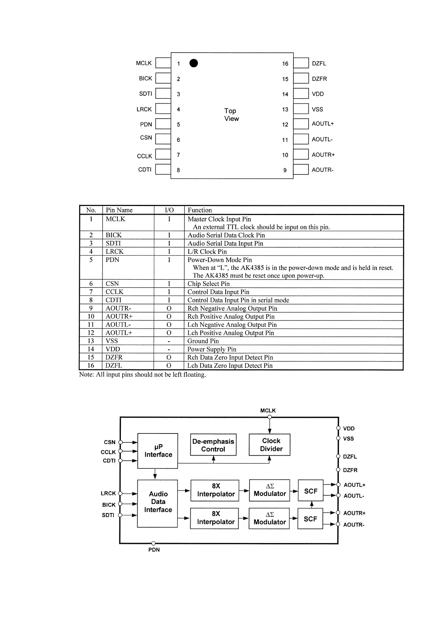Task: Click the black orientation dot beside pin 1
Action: click(x=193, y=63)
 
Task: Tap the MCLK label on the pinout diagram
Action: click(x=144, y=63)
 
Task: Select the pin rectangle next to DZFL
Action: click(x=301, y=63)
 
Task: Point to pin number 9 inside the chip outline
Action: click(x=285, y=170)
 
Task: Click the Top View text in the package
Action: click(x=231, y=114)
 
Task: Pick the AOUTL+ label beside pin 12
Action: click(x=322, y=124)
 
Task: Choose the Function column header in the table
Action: click(x=200, y=210)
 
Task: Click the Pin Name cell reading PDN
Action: click(x=112, y=260)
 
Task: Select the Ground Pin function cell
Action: click(x=203, y=341)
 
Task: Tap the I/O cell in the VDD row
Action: click(x=169, y=349)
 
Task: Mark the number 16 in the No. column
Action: click(x=91, y=366)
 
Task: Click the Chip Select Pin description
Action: click(x=208, y=284)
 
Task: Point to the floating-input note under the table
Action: click(x=142, y=375)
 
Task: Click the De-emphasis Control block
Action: click(x=213, y=445)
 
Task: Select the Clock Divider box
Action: click(x=269, y=445)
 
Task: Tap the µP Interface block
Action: click(x=158, y=451)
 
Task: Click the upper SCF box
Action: click(x=310, y=491)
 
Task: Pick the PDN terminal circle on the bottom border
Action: click(x=153, y=543)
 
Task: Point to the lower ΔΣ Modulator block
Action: click(x=269, y=518)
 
